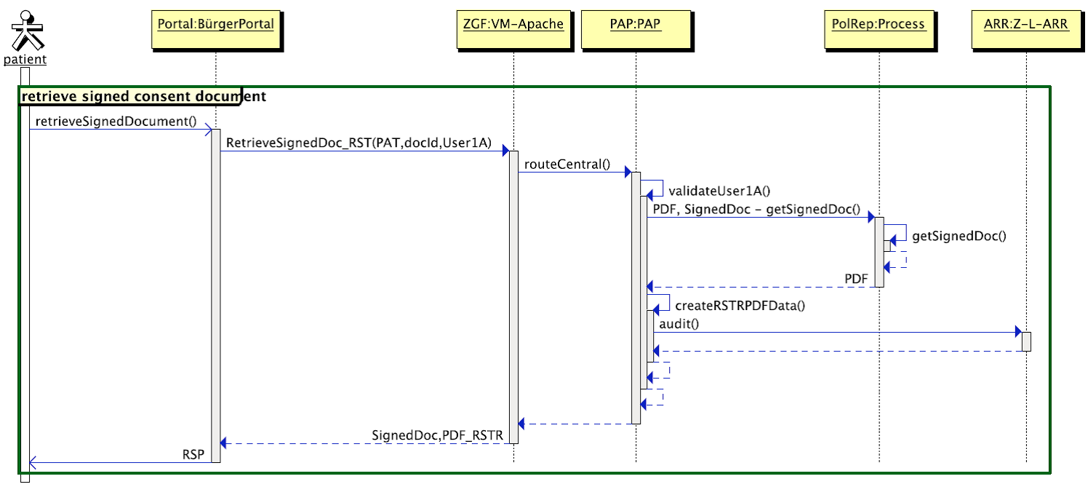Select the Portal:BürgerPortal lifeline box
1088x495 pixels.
click(x=216, y=25)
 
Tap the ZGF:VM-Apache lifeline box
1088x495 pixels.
click(x=513, y=25)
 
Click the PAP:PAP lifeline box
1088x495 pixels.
click(x=636, y=25)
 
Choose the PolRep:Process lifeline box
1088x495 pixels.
click(x=879, y=25)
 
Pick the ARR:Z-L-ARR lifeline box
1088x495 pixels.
click(x=1025, y=25)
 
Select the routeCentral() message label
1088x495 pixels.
click(x=568, y=164)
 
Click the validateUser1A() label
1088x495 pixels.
click(x=719, y=191)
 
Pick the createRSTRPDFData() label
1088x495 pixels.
click(x=740, y=306)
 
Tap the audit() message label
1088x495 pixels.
click(x=679, y=323)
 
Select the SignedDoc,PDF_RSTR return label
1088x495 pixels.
click(x=437, y=435)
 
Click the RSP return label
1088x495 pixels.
click(x=193, y=454)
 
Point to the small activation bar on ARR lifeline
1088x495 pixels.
click(x=1026, y=341)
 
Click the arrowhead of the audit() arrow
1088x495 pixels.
click(x=1017, y=333)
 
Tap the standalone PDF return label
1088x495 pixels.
click(x=856, y=280)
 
